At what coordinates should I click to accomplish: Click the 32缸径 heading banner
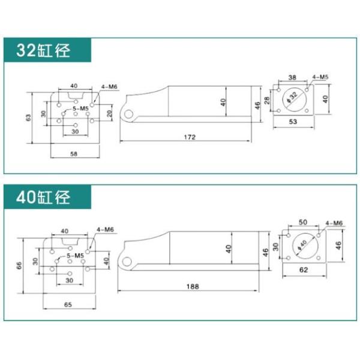click(47, 50)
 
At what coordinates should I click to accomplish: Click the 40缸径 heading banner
click(47, 197)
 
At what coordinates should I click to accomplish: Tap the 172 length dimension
click(190, 137)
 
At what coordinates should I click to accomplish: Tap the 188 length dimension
click(193, 286)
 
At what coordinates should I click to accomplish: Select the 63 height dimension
click(28, 118)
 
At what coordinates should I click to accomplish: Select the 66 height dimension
click(19, 265)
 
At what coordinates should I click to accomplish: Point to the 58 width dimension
click(74, 154)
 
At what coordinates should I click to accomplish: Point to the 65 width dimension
click(68, 304)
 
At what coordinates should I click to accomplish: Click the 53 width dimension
click(293, 121)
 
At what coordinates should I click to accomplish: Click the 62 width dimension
click(304, 270)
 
